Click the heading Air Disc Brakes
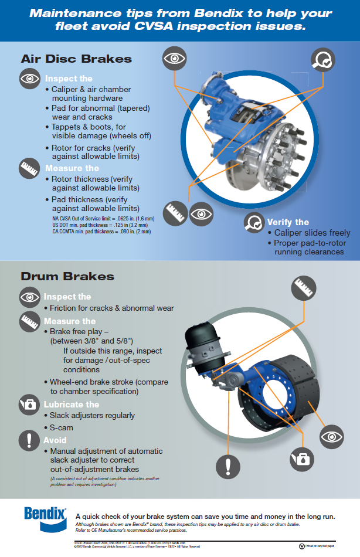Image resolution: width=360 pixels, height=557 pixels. [x=76, y=59]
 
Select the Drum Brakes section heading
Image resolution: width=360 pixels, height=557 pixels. [x=67, y=276]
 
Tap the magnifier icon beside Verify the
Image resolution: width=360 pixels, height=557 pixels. [x=254, y=222]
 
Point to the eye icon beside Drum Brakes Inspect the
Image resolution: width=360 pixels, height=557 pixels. [x=29, y=297]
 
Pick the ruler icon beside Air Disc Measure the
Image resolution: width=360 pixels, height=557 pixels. [x=29, y=168]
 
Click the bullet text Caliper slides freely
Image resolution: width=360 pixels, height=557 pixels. [x=312, y=233]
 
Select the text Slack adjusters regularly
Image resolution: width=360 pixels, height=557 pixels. [x=92, y=416]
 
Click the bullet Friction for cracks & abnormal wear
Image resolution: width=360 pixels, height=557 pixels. [x=111, y=308]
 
